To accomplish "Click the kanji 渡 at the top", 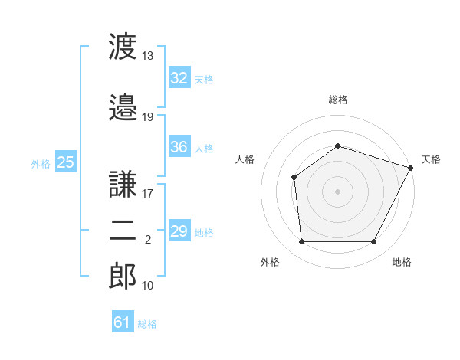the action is pyautogui.click(x=123, y=46).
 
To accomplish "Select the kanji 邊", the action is pyautogui.click(x=123, y=107).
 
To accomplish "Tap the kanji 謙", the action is pyautogui.click(x=123, y=184).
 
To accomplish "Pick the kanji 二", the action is pyautogui.click(x=123, y=231).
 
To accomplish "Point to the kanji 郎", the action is pyautogui.click(x=123, y=276).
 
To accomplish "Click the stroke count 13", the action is pyautogui.click(x=147, y=56).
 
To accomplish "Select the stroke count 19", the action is pyautogui.click(x=147, y=117).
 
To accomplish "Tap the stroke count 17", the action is pyautogui.click(x=147, y=194).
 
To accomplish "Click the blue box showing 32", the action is pyautogui.click(x=179, y=77).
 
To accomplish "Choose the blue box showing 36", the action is pyautogui.click(x=179, y=146).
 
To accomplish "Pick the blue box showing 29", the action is pyautogui.click(x=179, y=230).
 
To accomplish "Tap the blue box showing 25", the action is pyautogui.click(x=66, y=162).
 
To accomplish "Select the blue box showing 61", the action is pyautogui.click(x=123, y=321).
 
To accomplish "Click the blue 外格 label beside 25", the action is pyautogui.click(x=41, y=164).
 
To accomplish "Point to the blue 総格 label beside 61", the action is pyautogui.click(x=147, y=324).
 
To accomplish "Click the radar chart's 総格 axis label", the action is pyautogui.click(x=338, y=100).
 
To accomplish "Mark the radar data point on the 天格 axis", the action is pyautogui.click(x=410, y=168).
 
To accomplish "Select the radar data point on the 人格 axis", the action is pyautogui.click(x=294, y=178).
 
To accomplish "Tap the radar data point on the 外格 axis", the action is pyautogui.click(x=301, y=241).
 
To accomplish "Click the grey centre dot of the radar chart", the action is pyautogui.click(x=337, y=191).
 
